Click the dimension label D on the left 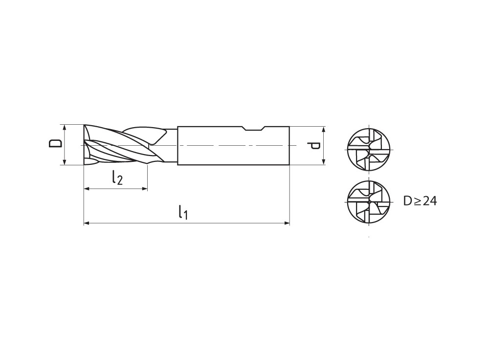(x=55, y=143)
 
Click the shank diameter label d (x=313, y=146)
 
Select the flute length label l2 (x=117, y=178)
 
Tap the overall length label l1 (x=183, y=212)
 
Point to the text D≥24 (x=420, y=201)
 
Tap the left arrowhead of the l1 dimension (x=87, y=224)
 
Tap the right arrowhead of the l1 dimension (x=287, y=224)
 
